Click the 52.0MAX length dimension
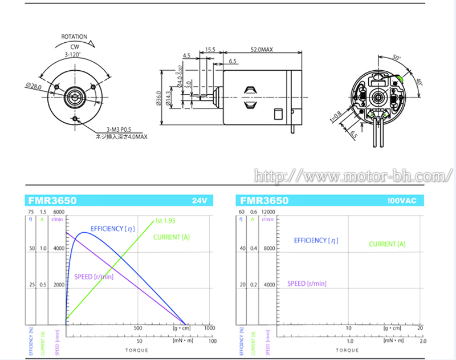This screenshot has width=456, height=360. [262, 50]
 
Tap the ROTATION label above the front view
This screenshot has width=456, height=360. [74, 37]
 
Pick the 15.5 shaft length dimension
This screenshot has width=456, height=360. [209, 50]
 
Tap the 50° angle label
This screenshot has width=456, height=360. [397, 59]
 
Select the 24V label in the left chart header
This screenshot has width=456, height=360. [199, 201]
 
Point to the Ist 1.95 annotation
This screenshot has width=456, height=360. [165, 221]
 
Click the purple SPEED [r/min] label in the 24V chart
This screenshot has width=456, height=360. [93, 277]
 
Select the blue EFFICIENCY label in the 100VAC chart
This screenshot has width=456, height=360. [319, 240]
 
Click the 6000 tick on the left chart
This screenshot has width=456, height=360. [59, 212]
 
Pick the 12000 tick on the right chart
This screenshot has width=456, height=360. [268, 212]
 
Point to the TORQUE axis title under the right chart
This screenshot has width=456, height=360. [347, 350]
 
